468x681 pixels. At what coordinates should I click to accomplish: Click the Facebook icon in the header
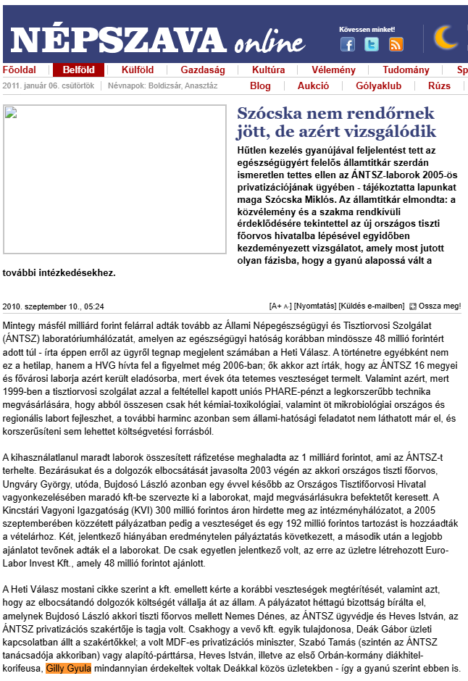pos(348,44)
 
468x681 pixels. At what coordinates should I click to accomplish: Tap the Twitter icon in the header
pos(372,44)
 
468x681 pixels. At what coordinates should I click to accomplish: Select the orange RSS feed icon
pos(396,44)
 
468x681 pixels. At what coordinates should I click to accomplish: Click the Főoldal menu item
pos(20,70)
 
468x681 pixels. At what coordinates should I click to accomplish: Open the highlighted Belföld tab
pos(78,70)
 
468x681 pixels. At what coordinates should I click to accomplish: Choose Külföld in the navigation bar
pos(137,70)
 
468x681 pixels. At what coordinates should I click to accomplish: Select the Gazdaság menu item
pos(203,70)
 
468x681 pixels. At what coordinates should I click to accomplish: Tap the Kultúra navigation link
pos(268,70)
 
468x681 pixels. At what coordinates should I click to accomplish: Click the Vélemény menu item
pos(333,70)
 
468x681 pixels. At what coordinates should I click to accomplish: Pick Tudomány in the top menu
pos(406,70)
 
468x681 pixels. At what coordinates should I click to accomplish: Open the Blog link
pos(260,85)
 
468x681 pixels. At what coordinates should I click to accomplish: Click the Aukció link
pos(313,85)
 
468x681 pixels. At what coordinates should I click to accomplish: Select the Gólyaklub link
pos(378,85)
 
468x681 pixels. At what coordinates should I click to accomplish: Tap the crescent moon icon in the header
pos(446,38)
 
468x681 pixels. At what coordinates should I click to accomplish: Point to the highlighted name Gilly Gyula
pos(68,668)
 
